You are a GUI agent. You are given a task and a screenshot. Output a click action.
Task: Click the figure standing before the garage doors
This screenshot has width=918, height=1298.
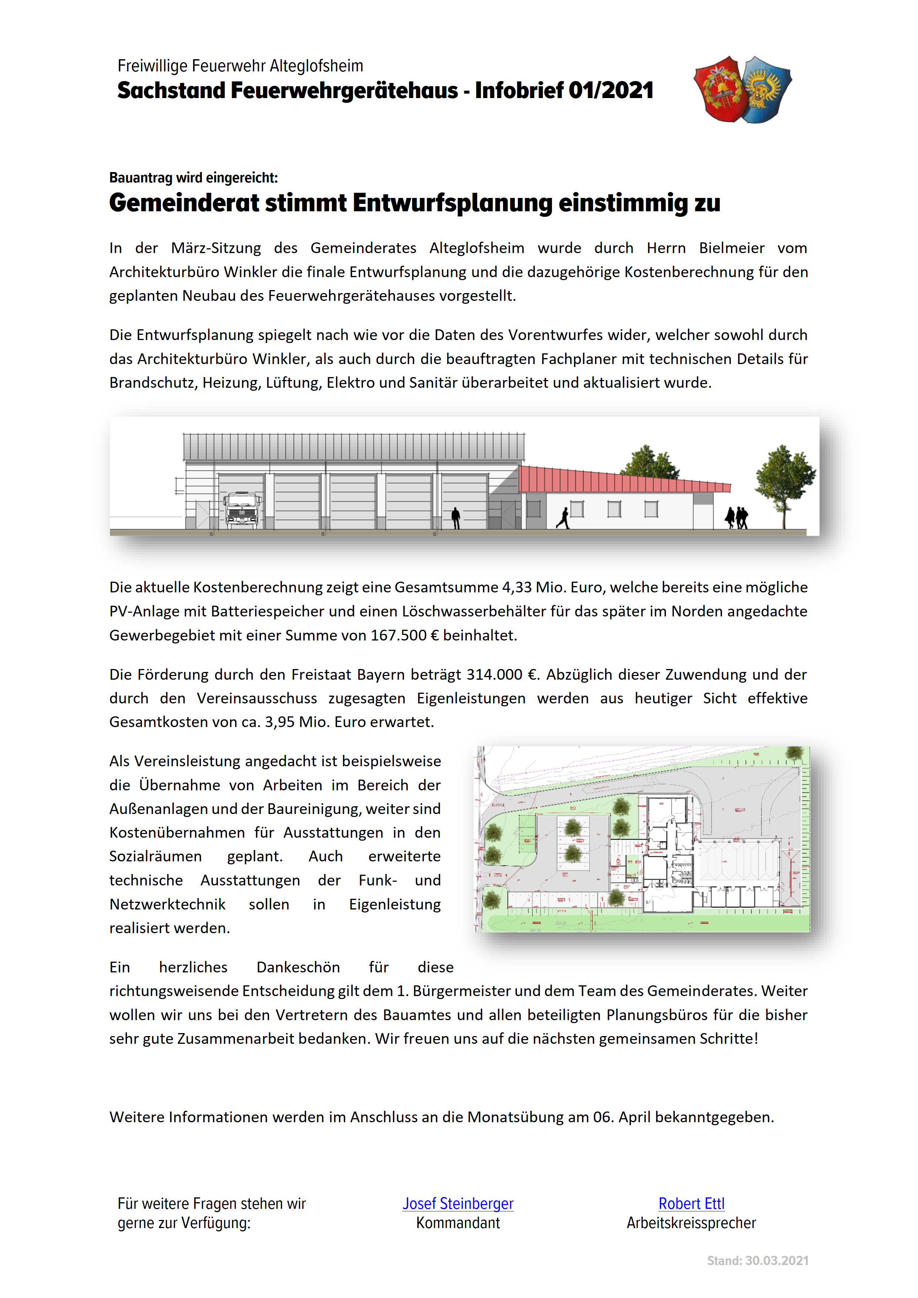(x=455, y=518)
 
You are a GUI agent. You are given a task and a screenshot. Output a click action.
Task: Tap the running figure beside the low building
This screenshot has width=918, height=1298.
(x=564, y=518)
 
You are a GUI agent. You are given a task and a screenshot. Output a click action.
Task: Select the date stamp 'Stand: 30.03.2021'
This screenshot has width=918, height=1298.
(x=757, y=1260)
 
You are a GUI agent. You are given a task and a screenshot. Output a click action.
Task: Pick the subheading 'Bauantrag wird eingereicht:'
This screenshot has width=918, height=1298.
(x=193, y=178)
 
